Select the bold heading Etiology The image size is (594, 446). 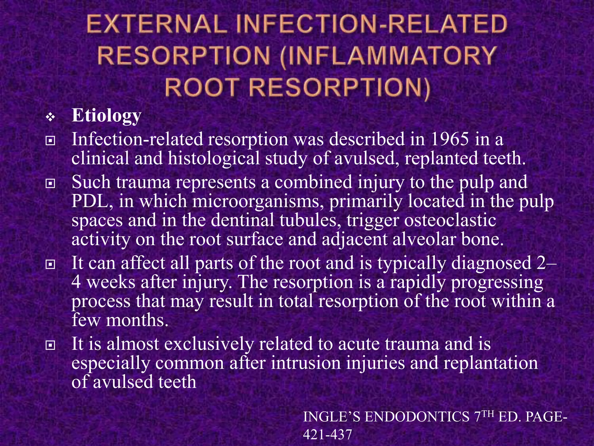[x=106, y=116]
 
